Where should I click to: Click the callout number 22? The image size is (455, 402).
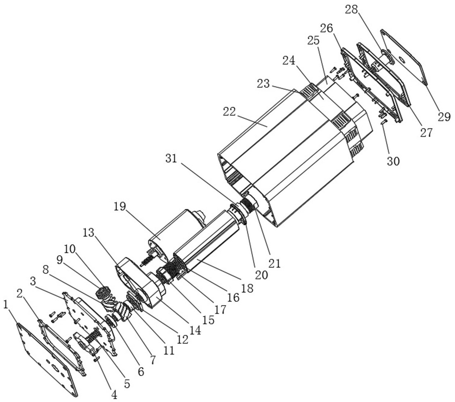click(229, 112)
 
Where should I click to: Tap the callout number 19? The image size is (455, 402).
click(120, 206)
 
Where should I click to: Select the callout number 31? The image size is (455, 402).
click(171, 159)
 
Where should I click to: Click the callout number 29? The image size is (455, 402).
click(444, 117)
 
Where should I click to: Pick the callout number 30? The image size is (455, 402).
click(393, 161)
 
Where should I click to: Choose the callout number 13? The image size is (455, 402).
click(88, 233)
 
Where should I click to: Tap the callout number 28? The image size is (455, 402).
click(352, 10)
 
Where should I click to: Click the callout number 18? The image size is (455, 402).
click(247, 288)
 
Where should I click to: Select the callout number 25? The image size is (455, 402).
click(313, 40)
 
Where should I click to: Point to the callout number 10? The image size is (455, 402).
click(70, 249)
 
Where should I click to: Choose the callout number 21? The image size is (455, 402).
click(275, 263)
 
